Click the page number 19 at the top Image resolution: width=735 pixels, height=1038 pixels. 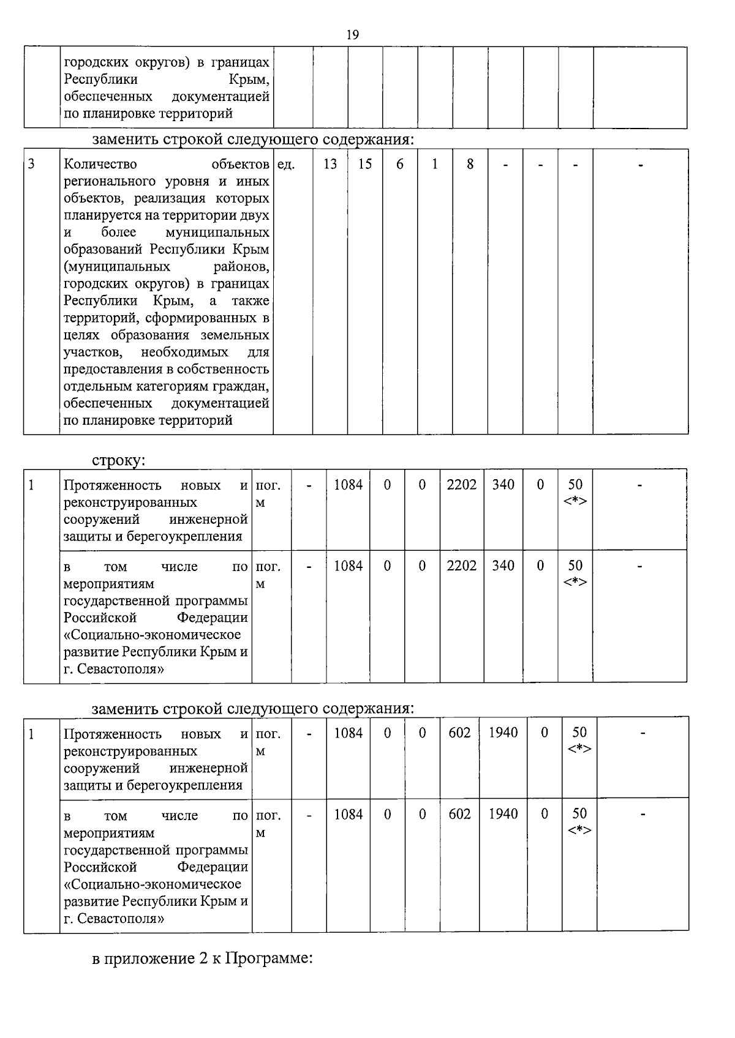(353, 35)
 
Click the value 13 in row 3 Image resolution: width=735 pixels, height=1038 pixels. (330, 164)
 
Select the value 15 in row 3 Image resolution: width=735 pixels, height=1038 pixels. (365, 164)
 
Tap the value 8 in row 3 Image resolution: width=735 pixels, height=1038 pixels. (470, 164)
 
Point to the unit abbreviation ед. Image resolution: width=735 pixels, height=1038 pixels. (286, 164)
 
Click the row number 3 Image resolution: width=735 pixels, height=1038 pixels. (32, 164)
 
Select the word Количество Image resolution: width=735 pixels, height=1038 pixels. (100, 164)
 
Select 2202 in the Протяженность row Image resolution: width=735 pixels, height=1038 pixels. (461, 485)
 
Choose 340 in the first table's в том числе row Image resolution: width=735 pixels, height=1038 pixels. (503, 566)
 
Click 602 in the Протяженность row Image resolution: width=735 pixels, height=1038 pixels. (459, 733)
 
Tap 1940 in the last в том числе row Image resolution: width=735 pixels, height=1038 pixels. (503, 814)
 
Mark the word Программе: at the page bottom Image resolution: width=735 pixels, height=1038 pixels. (269, 958)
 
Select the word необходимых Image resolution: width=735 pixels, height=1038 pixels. (184, 353)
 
